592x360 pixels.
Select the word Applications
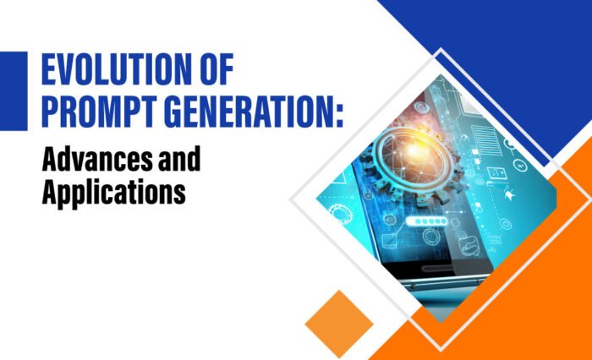(113, 193)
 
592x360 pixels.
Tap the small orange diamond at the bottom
(339, 324)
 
